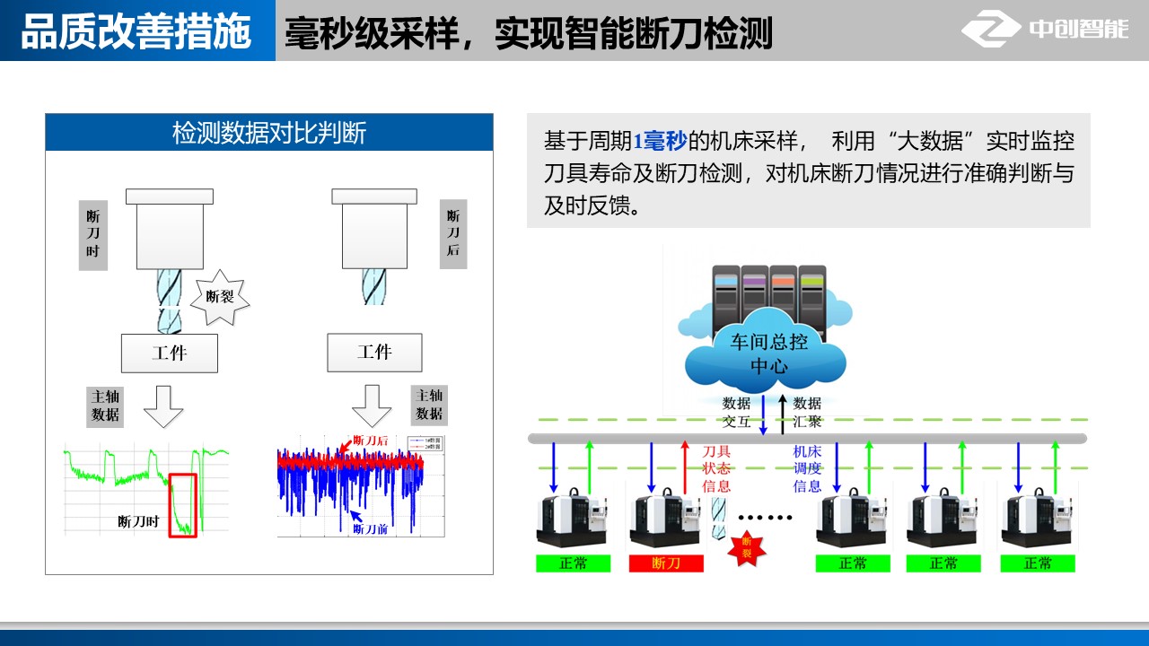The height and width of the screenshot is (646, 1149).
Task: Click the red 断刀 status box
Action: (x=666, y=563)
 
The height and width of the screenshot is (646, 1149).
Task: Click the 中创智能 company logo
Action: (x=1045, y=30)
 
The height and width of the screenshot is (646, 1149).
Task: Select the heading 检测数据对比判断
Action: (x=269, y=133)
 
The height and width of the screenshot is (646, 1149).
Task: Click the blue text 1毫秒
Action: (x=660, y=141)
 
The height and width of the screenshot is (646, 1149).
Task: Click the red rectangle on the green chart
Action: (x=182, y=505)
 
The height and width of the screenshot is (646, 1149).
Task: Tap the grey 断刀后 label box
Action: (x=453, y=233)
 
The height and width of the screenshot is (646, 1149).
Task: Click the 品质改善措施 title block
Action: (x=136, y=31)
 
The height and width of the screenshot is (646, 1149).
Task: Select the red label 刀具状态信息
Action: (x=715, y=468)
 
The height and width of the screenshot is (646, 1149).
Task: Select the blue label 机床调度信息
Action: (x=808, y=468)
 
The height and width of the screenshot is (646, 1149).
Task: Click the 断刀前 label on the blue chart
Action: (x=369, y=529)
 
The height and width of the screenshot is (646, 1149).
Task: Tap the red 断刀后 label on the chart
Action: (x=370, y=441)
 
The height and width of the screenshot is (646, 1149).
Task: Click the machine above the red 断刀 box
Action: (x=665, y=520)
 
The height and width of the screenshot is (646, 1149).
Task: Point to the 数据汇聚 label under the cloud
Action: (x=807, y=412)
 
